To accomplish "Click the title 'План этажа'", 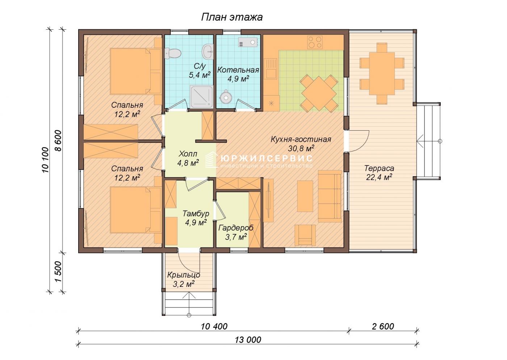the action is pyautogui.click(x=232, y=17).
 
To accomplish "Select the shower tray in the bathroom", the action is pyautogui.click(x=201, y=97).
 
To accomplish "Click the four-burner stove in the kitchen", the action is pyautogui.click(x=315, y=42).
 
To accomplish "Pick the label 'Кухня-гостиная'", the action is pyautogui.click(x=301, y=139).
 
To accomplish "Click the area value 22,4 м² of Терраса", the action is pyautogui.click(x=379, y=177).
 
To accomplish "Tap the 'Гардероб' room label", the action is pyautogui.click(x=236, y=228).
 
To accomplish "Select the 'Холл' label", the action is pyautogui.click(x=188, y=154).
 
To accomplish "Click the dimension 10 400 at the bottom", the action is pyautogui.click(x=214, y=326).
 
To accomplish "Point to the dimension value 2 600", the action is pyautogui.click(x=383, y=326).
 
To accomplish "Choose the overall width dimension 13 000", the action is pyautogui.click(x=248, y=340).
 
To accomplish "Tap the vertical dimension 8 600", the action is pyautogui.click(x=58, y=140).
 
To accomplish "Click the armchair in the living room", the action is pyautogui.click(x=305, y=235).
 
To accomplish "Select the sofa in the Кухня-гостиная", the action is pyautogui.click(x=330, y=196).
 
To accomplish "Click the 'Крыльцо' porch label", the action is pyautogui.click(x=184, y=275).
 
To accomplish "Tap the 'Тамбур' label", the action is pyautogui.click(x=196, y=213).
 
